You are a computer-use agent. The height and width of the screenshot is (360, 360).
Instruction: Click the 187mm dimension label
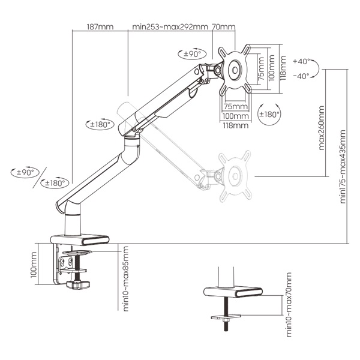(100, 27)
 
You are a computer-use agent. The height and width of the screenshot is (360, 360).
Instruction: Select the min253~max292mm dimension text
(170, 27)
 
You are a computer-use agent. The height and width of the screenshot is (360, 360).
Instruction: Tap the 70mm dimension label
(223, 27)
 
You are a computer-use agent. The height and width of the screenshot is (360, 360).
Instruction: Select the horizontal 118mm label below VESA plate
(236, 125)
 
